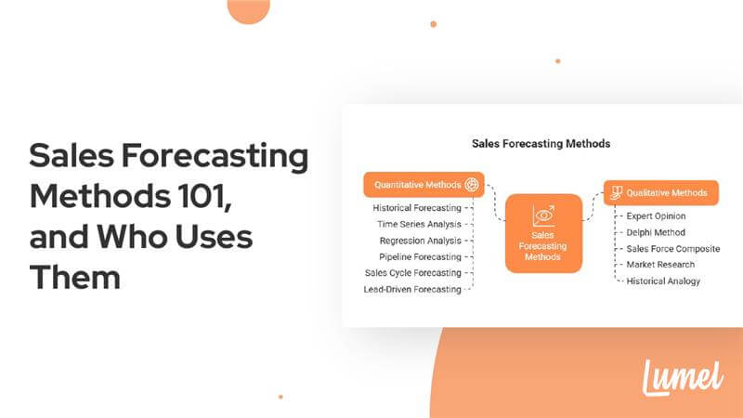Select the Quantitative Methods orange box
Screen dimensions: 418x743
[424, 185]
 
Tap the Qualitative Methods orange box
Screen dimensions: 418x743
[660, 193]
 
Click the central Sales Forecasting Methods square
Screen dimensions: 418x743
[543, 232]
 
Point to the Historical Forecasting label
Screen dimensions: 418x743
[417, 207]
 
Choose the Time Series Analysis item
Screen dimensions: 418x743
[419, 224]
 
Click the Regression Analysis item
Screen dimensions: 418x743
[421, 241]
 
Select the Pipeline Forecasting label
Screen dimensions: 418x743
[420, 256]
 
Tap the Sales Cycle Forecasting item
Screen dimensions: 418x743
[413, 273]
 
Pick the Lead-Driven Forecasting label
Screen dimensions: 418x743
[412, 290]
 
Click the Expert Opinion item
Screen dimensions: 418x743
[656, 216]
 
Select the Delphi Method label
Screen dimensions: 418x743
[656, 232]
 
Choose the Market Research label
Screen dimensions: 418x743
[660, 265]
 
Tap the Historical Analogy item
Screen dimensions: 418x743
[663, 281]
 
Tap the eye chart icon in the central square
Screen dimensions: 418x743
[543, 216]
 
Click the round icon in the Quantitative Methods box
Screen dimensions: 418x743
[472, 185]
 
